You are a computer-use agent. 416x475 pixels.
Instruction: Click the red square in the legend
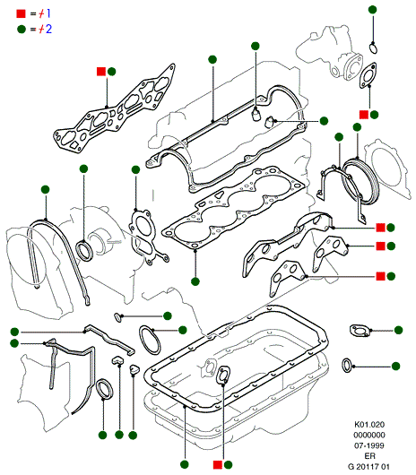pos(21,13)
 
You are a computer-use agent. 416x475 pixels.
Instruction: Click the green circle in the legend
pos(22,29)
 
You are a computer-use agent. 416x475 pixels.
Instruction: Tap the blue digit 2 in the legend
pos(48,29)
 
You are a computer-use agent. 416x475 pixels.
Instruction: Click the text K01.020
pos(369,425)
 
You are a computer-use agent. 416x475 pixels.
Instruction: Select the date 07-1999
pos(369,445)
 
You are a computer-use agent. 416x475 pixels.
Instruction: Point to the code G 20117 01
pos(368,467)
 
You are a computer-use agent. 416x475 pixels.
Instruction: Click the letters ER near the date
pos(369,456)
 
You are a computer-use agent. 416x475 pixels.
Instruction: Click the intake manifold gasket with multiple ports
pos(114,109)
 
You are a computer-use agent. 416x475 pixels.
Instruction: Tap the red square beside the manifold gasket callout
pos(101,72)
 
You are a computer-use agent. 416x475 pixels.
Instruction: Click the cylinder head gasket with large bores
pos(233,209)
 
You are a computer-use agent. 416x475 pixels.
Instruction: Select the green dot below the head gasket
pos(195,281)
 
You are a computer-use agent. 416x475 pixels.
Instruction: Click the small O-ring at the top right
pos(373,48)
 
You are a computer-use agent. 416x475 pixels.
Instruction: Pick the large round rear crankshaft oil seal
pos(360,181)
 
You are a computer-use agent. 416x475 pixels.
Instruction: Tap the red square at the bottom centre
pos(218,465)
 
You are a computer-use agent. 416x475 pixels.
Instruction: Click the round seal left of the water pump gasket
pos(84,250)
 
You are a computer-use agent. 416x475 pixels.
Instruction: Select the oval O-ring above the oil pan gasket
pos(150,340)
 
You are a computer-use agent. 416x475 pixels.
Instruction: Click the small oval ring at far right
pos(347,366)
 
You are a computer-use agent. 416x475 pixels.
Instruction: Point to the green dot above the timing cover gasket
pos(45,190)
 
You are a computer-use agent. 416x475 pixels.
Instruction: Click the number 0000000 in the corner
pos(369,435)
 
